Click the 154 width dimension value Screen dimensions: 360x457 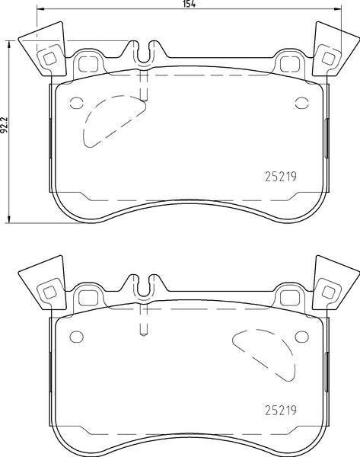[x=189, y=4]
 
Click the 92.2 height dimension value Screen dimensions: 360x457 [x=4, y=126]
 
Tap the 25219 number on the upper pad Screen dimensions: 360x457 [x=281, y=177]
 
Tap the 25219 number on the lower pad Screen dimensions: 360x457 [x=281, y=411]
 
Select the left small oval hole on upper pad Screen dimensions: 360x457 [x=77, y=103]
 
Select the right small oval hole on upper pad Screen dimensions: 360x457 [x=301, y=103]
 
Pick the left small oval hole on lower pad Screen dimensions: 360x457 [x=77, y=337]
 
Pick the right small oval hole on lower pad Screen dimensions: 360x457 [x=301, y=337]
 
